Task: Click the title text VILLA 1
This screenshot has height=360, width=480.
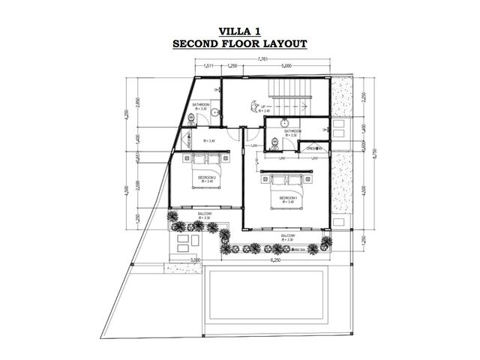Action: [x=240, y=31]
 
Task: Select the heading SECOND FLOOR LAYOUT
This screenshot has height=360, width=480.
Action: [x=240, y=43]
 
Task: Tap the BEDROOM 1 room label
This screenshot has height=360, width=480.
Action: [x=289, y=198]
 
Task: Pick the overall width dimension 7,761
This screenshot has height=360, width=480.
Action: [x=262, y=58]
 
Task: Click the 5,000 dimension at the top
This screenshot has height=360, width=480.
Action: [x=287, y=67]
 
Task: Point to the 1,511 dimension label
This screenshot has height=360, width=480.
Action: [x=208, y=67]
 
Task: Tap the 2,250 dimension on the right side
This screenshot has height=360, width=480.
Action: [x=363, y=96]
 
